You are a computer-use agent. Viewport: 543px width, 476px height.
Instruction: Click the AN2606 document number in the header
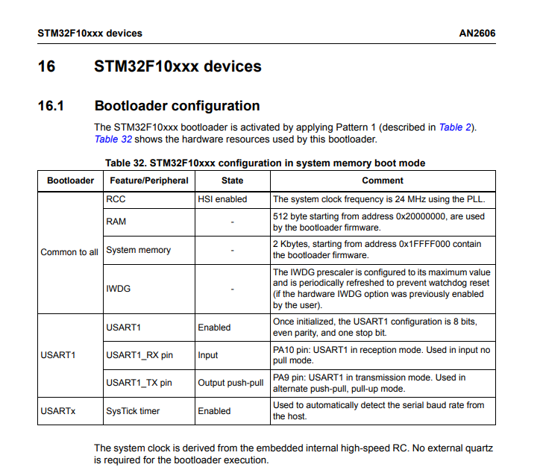[x=478, y=34]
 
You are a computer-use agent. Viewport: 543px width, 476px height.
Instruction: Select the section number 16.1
[x=51, y=106]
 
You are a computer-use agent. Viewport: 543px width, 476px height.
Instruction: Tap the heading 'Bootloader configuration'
[x=177, y=106]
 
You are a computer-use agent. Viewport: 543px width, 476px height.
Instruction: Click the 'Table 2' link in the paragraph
[x=456, y=128]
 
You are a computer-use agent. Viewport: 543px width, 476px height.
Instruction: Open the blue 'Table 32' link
[x=113, y=139]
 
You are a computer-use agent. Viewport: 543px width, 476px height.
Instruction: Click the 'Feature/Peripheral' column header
[x=149, y=181]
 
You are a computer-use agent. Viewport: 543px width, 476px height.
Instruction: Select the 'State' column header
[x=232, y=181]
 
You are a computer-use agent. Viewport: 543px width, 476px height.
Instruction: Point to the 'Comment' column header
[x=383, y=181]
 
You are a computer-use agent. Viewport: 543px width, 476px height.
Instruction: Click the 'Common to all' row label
[x=69, y=252]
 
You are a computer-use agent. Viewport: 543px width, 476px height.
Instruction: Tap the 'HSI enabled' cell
[x=222, y=199]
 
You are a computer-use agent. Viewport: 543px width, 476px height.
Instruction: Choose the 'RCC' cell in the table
[x=116, y=199]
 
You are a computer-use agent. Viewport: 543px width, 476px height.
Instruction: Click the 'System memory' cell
[x=138, y=250]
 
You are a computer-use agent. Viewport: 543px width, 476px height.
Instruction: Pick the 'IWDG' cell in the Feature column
[x=118, y=288]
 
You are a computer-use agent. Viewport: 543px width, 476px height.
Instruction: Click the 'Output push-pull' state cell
[x=230, y=383]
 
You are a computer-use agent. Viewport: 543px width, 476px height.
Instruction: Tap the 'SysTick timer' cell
[x=133, y=411]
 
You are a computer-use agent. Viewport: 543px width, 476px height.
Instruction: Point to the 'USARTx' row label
[x=58, y=411]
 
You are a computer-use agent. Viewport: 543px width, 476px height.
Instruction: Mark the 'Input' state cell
[x=208, y=355]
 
